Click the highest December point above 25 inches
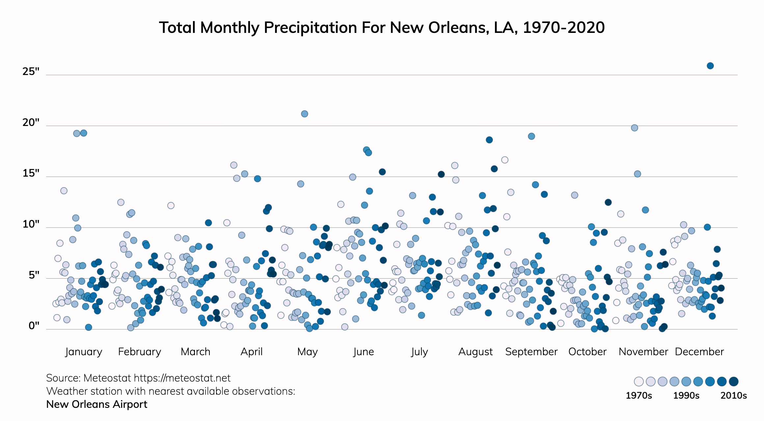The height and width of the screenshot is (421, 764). pos(710,66)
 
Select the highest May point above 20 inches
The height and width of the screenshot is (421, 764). pos(305,114)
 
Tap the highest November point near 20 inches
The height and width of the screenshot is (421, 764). pos(635,128)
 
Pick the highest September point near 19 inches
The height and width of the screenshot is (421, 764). pos(532,136)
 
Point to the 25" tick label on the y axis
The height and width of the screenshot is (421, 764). pos(31,71)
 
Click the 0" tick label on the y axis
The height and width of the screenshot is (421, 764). pos(34,326)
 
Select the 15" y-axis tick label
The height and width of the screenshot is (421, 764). pos(31,173)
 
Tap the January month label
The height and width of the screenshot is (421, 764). pos(84,352)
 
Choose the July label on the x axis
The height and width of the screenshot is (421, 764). pos(419,352)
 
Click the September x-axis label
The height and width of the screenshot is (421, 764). pos(531,352)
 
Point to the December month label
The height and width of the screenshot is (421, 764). pos(699,352)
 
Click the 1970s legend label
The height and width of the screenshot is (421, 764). pos(639,395)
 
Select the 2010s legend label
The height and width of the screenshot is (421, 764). pos(734,395)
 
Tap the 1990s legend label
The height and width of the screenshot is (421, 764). pos(686,395)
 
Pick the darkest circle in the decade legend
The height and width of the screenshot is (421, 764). pos(734,382)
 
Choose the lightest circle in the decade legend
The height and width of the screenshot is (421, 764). pos(639,382)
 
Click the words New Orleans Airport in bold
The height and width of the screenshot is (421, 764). pos(97,404)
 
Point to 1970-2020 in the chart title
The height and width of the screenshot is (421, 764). pos(564,27)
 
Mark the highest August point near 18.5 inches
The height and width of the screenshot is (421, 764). pos(489,140)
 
